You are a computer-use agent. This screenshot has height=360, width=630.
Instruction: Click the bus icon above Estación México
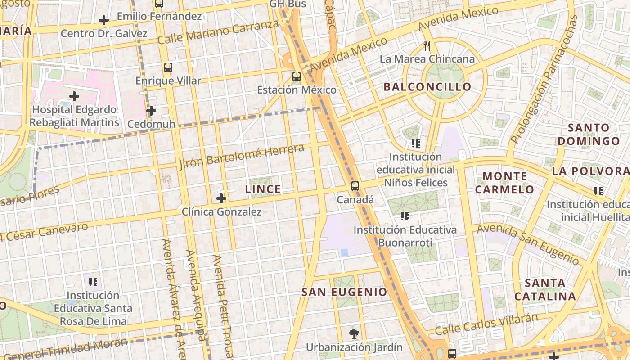tap(296, 76)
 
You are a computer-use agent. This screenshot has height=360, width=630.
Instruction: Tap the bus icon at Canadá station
tap(355, 186)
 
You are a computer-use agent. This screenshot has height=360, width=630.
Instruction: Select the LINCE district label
tap(263, 189)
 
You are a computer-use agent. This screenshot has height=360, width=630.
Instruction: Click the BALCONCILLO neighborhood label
tap(427, 87)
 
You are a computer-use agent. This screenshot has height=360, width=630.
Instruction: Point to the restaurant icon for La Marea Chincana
tap(427, 46)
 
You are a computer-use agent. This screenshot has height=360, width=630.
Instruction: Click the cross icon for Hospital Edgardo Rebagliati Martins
tap(74, 96)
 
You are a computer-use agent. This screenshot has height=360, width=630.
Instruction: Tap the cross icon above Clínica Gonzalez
tap(221, 198)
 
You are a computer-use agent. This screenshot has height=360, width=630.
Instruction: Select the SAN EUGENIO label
tap(344, 292)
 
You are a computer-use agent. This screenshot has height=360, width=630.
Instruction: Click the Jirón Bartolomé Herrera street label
tap(242, 157)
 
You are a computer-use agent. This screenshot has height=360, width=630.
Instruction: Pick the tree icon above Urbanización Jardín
tap(354, 334)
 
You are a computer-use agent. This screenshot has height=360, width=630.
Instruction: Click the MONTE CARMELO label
tap(504, 183)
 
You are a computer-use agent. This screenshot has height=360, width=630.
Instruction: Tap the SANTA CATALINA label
tap(545, 290)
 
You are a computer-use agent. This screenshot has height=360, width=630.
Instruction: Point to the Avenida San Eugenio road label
tap(528, 243)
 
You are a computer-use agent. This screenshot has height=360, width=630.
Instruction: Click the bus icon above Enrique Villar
tap(168, 67)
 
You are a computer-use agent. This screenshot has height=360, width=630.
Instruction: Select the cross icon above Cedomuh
tap(151, 110)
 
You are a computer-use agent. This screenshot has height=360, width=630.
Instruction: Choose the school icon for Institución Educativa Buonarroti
tap(405, 216)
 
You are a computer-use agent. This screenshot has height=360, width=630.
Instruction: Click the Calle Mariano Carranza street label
tap(219, 32)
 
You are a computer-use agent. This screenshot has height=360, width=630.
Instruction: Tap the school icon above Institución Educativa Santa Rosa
tap(93, 282)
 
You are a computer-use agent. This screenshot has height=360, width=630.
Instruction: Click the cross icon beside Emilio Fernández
tap(104, 20)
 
